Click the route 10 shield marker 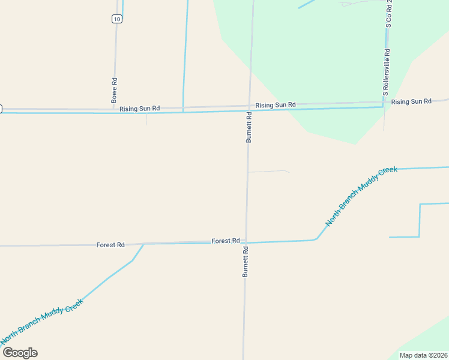(x=116, y=19)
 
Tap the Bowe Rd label (x=114, y=89)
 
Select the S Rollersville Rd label (x=387, y=73)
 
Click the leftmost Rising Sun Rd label (x=139, y=109)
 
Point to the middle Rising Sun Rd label (x=276, y=105)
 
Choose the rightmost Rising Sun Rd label (x=411, y=102)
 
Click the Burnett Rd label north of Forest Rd (x=249, y=126)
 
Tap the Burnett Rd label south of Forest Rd (x=246, y=261)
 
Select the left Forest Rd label (x=110, y=245)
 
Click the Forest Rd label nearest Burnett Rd (x=226, y=241)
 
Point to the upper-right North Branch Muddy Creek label (x=361, y=196)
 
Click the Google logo (x=20, y=353)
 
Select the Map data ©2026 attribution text (x=423, y=355)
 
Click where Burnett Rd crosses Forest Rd (x=246, y=242)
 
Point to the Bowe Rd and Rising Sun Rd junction (x=113, y=110)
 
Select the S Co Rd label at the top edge (x=389, y=13)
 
